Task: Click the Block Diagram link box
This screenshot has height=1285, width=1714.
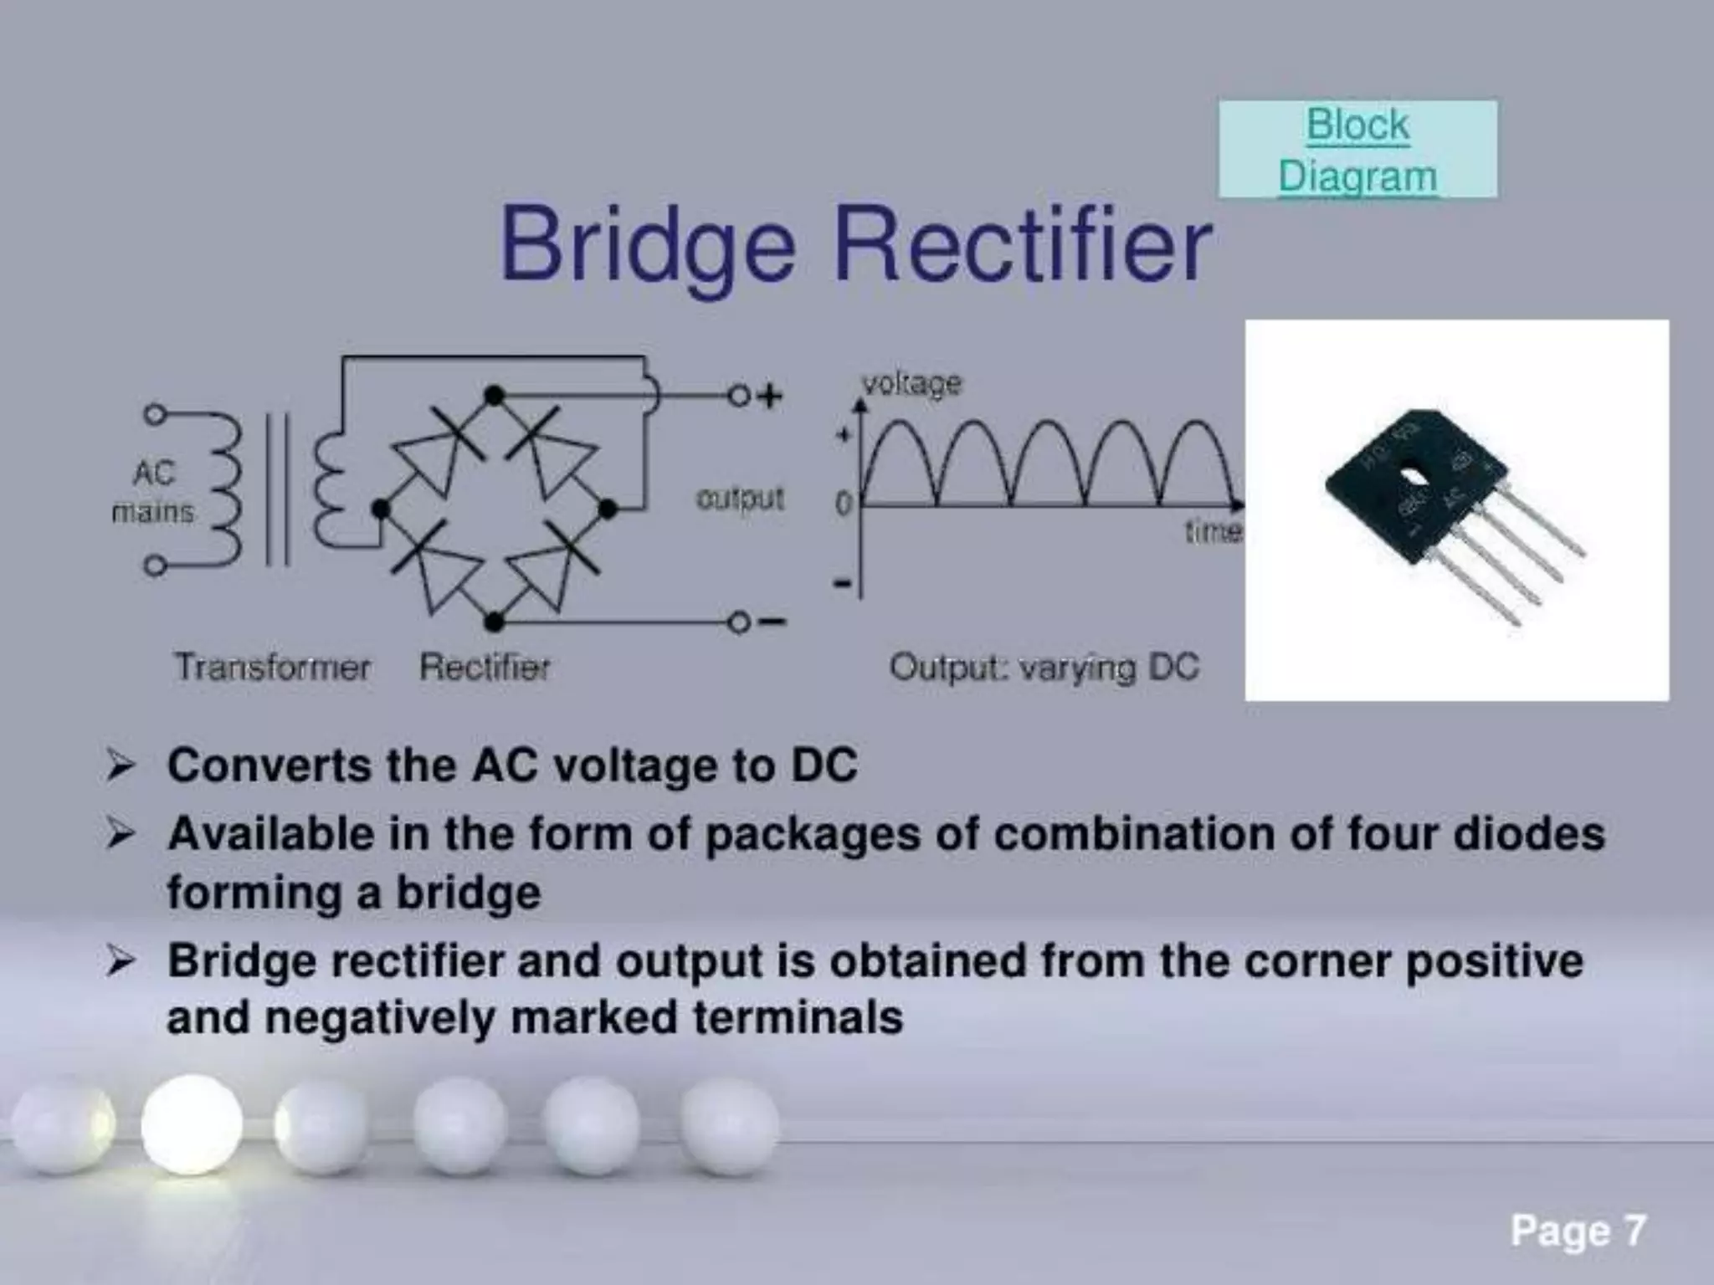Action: pyautogui.click(x=1357, y=150)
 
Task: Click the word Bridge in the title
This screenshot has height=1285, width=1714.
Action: pyautogui.click(x=647, y=246)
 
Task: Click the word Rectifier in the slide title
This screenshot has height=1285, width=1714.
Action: pyautogui.click(x=1023, y=246)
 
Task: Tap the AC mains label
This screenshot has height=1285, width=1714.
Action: pyautogui.click(x=153, y=492)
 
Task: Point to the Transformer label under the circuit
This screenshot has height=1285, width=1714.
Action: pyautogui.click(x=273, y=668)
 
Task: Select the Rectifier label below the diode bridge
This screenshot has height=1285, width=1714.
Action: pyautogui.click(x=485, y=668)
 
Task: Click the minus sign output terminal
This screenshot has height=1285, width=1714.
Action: pyautogui.click(x=771, y=622)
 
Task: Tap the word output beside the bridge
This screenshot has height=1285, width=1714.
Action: pyautogui.click(x=740, y=499)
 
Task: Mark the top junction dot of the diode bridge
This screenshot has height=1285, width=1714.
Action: pyautogui.click(x=495, y=395)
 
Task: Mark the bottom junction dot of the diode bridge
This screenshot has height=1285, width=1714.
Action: pyautogui.click(x=495, y=622)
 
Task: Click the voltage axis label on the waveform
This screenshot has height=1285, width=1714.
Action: pyautogui.click(x=912, y=384)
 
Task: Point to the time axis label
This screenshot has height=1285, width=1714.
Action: pyautogui.click(x=1213, y=530)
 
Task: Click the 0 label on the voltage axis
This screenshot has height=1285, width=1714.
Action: pyautogui.click(x=843, y=504)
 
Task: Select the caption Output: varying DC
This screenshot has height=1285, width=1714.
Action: pyautogui.click(x=1044, y=668)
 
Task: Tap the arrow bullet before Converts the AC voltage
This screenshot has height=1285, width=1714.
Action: pyautogui.click(x=120, y=765)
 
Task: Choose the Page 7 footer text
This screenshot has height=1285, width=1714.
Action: pyautogui.click(x=1578, y=1231)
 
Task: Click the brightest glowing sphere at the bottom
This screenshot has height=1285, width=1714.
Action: pyautogui.click(x=192, y=1125)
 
